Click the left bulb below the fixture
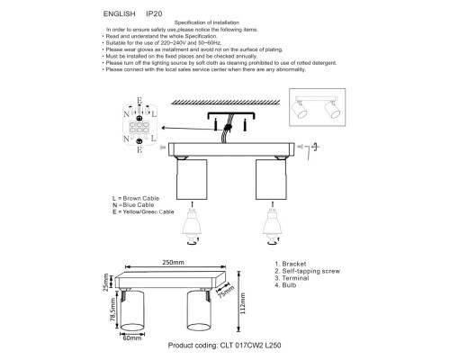(190, 221)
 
